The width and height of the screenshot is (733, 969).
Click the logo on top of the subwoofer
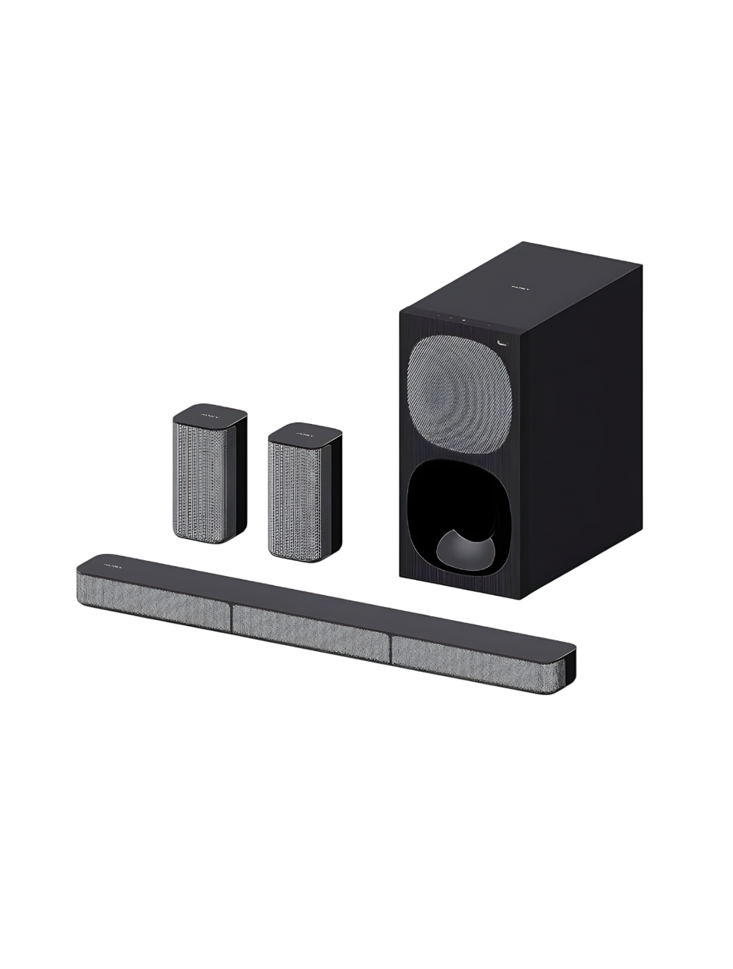pos(518,288)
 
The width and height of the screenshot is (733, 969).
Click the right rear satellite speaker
pos(304,492)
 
